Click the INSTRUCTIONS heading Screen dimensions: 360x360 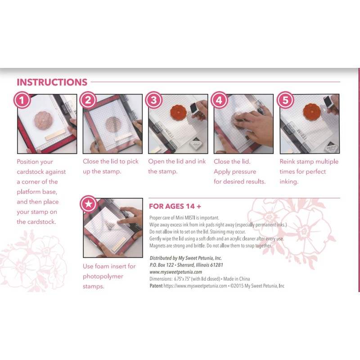point(52,82)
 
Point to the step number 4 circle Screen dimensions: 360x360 point(219,100)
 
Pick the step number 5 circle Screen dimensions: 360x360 point(284,100)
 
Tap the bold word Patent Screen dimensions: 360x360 point(156,285)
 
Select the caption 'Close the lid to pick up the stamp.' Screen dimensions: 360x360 point(111,166)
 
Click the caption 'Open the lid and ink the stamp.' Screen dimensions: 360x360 point(176,166)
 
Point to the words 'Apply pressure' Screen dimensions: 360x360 point(234,171)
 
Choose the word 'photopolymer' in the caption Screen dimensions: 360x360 point(103,276)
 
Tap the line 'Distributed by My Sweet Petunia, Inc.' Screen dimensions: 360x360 point(185,258)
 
